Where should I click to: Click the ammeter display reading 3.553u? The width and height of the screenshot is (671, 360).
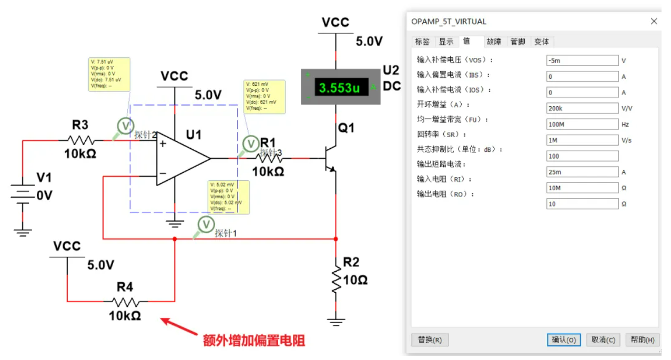[340, 88]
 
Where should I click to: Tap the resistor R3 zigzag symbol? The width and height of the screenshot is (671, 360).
[81, 140]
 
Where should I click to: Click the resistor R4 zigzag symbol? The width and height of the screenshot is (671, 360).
[126, 302]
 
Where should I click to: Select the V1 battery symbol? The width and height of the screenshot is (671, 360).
[23, 196]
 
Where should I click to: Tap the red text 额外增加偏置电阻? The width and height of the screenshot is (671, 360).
[254, 341]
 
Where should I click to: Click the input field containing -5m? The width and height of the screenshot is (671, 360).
[582, 60]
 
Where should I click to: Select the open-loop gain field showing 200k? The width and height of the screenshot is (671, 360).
[582, 108]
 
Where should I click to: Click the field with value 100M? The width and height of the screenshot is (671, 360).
[582, 124]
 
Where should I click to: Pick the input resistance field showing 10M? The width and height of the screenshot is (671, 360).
[582, 188]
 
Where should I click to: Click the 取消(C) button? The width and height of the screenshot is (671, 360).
[603, 340]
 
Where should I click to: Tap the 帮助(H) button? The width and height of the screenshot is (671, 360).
[642, 340]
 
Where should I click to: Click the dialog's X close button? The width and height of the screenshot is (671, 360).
[654, 22]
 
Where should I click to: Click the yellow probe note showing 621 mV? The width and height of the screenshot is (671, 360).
[265, 97]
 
